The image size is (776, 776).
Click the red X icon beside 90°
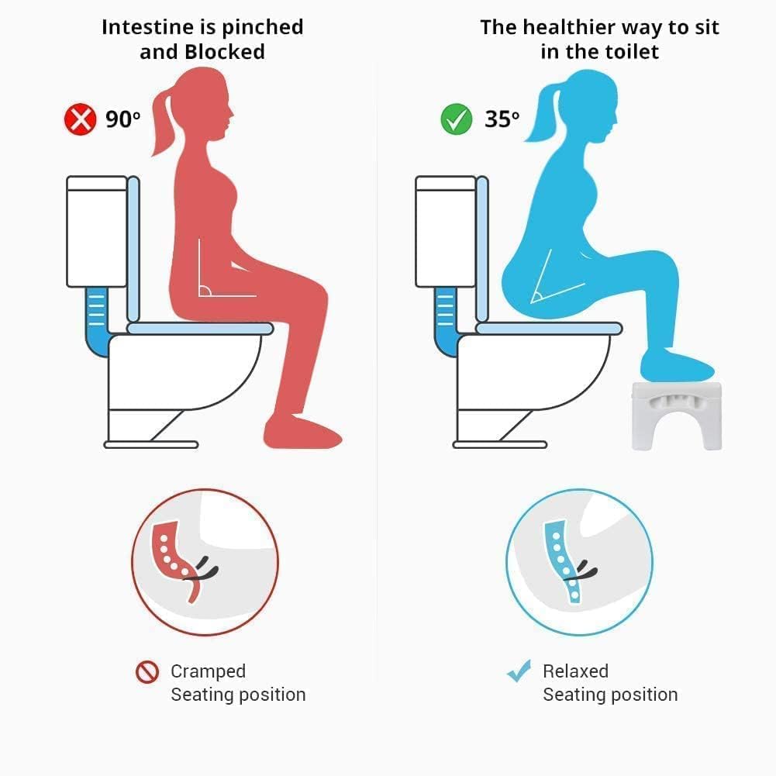click(x=80, y=119)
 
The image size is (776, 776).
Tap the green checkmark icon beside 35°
click(x=457, y=119)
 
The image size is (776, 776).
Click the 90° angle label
click(x=123, y=119)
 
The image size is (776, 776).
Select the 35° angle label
click(x=502, y=119)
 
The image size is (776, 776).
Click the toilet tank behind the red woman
click(x=96, y=231)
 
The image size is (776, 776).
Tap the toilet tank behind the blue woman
click(x=445, y=231)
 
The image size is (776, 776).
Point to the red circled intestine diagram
click(x=205, y=562)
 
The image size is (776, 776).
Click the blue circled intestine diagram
click(x=579, y=562)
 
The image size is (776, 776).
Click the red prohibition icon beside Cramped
click(x=147, y=672)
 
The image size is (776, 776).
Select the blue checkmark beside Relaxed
click(x=519, y=671)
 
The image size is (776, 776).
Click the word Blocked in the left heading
click(x=225, y=52)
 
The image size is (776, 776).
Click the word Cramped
click(x=208, y=671)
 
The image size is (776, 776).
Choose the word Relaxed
click(x=575, y=671)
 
